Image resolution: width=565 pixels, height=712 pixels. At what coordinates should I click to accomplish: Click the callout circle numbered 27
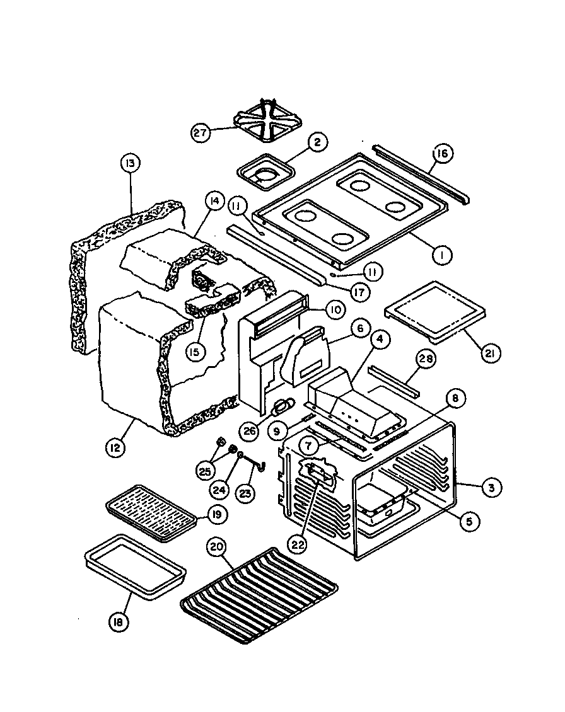coord(200,133)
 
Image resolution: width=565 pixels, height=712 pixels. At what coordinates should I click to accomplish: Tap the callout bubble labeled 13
coord(129,164)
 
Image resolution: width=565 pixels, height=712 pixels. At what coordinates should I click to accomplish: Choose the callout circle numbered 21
coord(488,353)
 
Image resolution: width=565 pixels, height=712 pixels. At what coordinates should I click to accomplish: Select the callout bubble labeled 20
coord(217,548)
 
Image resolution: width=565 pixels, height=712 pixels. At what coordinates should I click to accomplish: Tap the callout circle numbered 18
coord(118,622)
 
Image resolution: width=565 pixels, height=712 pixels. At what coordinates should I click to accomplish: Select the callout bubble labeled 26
coord(250,431)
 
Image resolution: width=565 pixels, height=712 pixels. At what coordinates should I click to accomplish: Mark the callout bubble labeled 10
coord(334,309)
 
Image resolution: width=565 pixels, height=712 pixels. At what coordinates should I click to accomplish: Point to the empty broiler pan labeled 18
coord(135,566)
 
